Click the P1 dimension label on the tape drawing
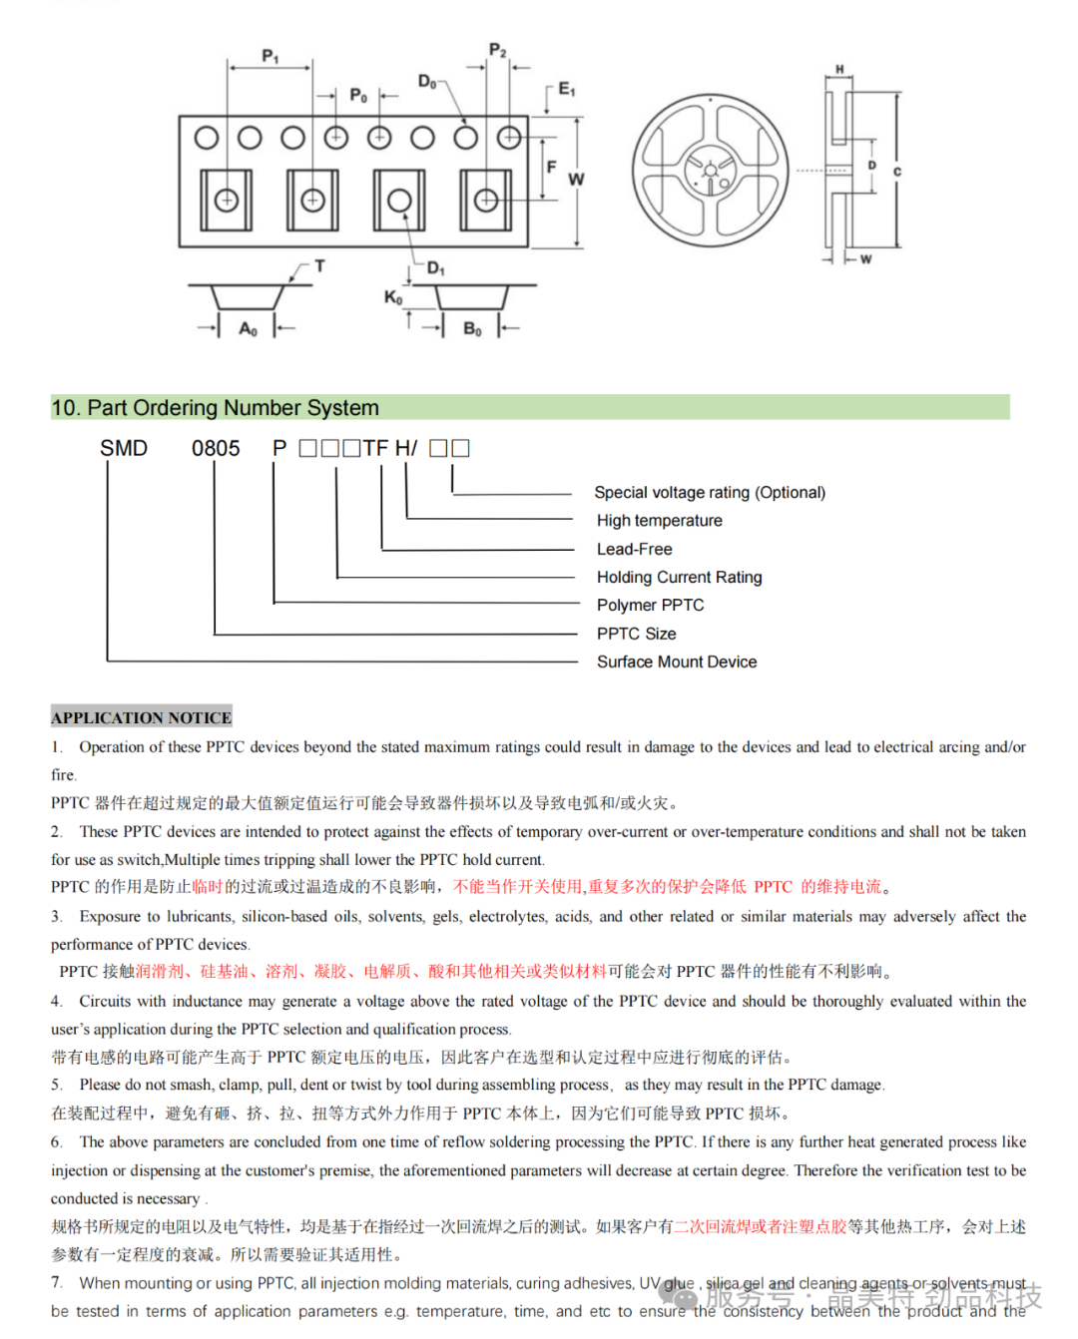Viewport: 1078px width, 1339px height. pos(269,56)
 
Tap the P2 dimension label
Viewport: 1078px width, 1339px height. pos(497,50)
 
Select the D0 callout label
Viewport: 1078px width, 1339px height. pos(427,82)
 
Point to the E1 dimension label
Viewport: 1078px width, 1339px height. pos(566,90)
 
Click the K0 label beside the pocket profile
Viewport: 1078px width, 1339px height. pos(393,297)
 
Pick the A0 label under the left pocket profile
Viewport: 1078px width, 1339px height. pos(248,328)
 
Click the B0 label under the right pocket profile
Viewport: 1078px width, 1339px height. pos(472,328)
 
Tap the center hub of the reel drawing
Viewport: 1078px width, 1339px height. pos(710,172)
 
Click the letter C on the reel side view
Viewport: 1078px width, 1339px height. pos(896,172)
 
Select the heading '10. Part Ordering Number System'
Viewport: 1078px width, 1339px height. pos(216,408)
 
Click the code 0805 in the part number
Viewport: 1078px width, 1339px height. pos(216,449)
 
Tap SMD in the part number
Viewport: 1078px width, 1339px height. pos(124,449)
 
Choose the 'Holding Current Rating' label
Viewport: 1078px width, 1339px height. pos(679,577)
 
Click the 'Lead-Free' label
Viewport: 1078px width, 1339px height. pos(634,549)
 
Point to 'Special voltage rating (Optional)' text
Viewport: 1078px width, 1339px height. pos(710,492)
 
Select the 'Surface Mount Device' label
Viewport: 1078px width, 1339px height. pos(677,662)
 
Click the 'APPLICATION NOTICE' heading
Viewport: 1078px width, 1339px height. pos(142,717)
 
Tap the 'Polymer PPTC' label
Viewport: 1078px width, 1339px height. pos(650,605)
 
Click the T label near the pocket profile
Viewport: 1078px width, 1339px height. pos(319,266)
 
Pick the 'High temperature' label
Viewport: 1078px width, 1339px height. pos(659,520)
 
